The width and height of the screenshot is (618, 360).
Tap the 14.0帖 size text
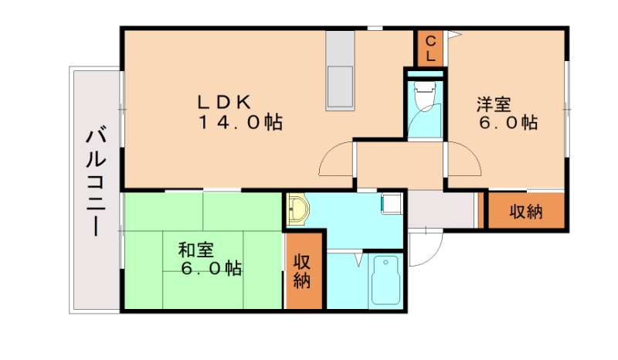point(239,122)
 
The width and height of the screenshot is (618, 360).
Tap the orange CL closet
point(431,49)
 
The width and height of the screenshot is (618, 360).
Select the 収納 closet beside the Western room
point(526,211)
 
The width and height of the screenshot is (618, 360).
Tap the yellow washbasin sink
point(297,209)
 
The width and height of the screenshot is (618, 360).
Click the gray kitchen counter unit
point(340,70)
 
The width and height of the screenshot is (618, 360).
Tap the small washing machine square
point(391,203)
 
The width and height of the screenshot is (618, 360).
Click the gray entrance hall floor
point(440,209)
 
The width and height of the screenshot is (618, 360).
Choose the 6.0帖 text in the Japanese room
point(212,268)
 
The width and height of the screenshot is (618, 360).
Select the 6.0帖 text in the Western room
point(508,122)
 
